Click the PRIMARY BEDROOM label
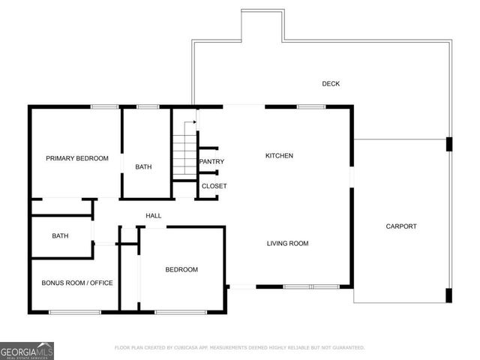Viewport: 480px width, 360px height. pos(77,158)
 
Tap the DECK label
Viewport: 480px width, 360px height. pos(331,84)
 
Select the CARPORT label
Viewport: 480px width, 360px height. pos(401,226)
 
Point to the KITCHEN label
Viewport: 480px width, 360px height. pos(279,156)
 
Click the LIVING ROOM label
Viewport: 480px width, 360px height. pos(288,243)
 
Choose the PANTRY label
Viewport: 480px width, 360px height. pos(211,161)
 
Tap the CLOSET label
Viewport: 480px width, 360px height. pos(214,186)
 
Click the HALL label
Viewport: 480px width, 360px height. pos(154,216)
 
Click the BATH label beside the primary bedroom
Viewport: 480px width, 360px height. pos(144,166)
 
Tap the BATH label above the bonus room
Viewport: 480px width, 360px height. pos(60,236)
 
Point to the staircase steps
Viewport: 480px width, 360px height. pos(183,153)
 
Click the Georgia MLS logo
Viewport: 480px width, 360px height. pos(27,350)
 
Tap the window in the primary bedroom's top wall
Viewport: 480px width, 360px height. pos(105,107)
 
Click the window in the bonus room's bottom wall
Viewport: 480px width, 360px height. pos(75,311)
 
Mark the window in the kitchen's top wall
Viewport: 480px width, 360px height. pos(311,107)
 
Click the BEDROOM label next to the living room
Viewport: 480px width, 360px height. pos(181,269)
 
